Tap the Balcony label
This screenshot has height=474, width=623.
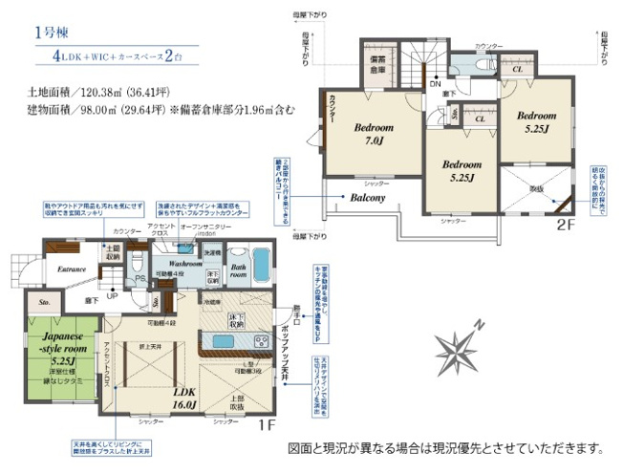tap(367, 199)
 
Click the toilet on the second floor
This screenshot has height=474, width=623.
tap(460, 64)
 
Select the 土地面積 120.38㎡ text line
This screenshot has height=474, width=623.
tap(86, 94)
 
